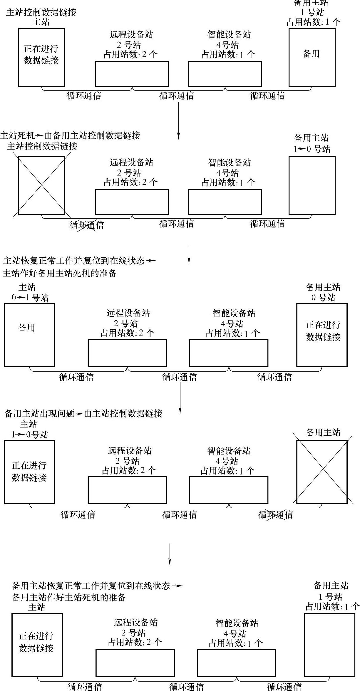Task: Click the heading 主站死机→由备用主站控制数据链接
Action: click(x=70, y=135)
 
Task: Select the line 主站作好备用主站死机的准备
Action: click(x=60, y=273)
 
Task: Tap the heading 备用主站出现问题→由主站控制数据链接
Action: click(x=83, y=414)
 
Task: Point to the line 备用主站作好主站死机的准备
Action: click(x=69, y=597)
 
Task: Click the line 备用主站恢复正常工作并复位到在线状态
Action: click(x=91, y=586)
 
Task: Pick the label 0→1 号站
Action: click(x=30, y=298)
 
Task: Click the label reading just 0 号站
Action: click(x=323, y=297)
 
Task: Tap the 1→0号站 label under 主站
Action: click(x=29, y=435)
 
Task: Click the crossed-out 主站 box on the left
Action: click(x=41, y=185)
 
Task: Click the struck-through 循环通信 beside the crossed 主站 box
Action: click(x=87, y=225)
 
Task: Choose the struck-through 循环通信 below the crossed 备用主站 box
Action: click(x=275, y=514)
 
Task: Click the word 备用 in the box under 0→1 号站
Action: click(x=26, y=328)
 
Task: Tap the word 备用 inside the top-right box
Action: click(x=311, y=53)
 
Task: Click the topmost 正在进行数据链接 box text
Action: click(x=41, y=54)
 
